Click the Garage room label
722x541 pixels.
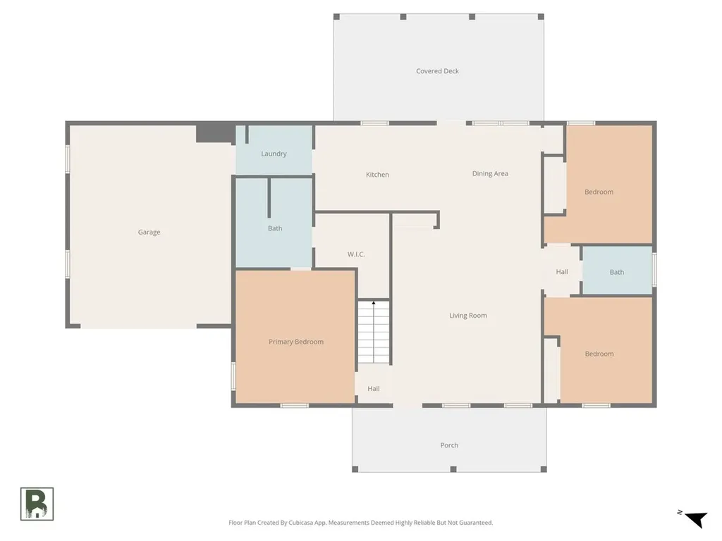pos(149,232)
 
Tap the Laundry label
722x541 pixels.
pos(274,154)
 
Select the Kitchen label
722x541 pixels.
pos(378,175)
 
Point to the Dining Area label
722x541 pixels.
pos(491,174)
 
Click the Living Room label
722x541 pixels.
pos(468,316)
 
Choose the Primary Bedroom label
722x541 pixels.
pos(296,342)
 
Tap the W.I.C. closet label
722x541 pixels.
pos(356,254)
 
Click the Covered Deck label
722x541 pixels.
pos(437,71)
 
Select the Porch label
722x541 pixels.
pos(449,445)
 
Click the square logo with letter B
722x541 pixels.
pos(37,504)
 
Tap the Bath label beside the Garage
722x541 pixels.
pos(276,229)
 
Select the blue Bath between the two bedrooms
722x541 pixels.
pos(618,271)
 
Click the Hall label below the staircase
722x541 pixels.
pos(374,389)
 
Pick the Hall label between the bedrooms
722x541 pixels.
pos(562,272)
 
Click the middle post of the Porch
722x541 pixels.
pos(453,469)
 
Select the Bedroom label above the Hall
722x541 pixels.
pos(599,192)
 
